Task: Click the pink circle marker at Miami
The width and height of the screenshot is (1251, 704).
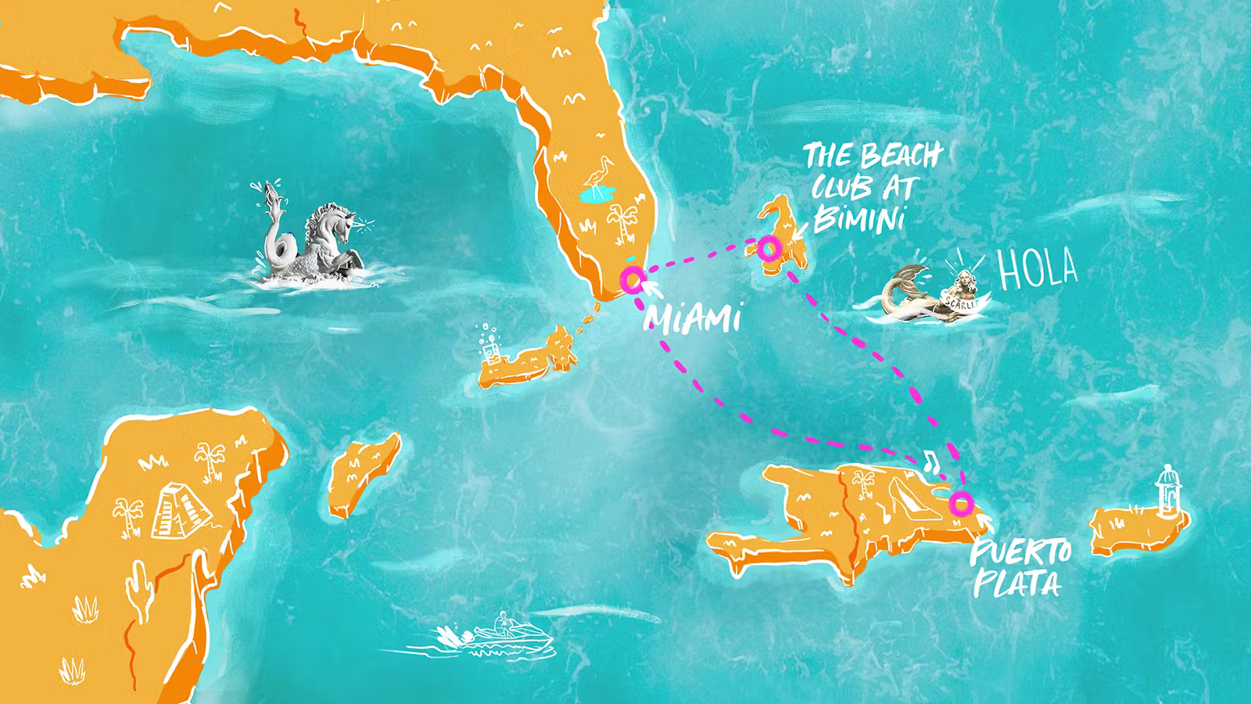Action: click(632, 278)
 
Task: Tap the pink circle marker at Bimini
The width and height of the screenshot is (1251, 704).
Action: click(769, 250)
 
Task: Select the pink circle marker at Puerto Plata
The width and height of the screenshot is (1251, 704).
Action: click(961, 503)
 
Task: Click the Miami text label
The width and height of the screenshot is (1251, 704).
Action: click(692, 318)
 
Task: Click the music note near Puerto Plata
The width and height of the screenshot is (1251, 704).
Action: click(930, 459)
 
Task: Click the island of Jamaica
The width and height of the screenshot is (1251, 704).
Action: click(364, 475)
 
